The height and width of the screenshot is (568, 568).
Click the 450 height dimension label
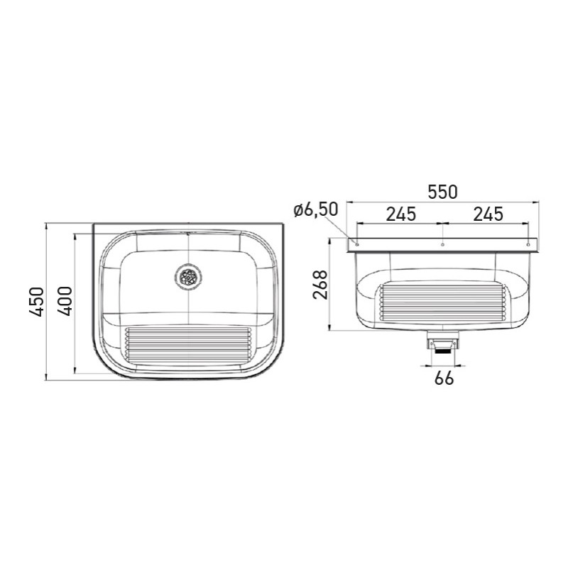(x=38, y=302)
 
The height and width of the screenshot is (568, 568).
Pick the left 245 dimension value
(x=400, y=213)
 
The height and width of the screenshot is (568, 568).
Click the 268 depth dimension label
(x=319, y=285)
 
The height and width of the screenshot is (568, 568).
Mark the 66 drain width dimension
(x=444, y=378)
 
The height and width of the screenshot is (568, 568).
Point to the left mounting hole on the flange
(x=356, y=244)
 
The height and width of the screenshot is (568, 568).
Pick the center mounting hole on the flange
(x=442, y=244)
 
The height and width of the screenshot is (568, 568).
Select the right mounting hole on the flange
(x=529, y=244)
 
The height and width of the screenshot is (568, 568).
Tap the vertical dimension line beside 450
(x=47, y=302)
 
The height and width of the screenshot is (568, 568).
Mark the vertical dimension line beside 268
(x=329, y=285)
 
